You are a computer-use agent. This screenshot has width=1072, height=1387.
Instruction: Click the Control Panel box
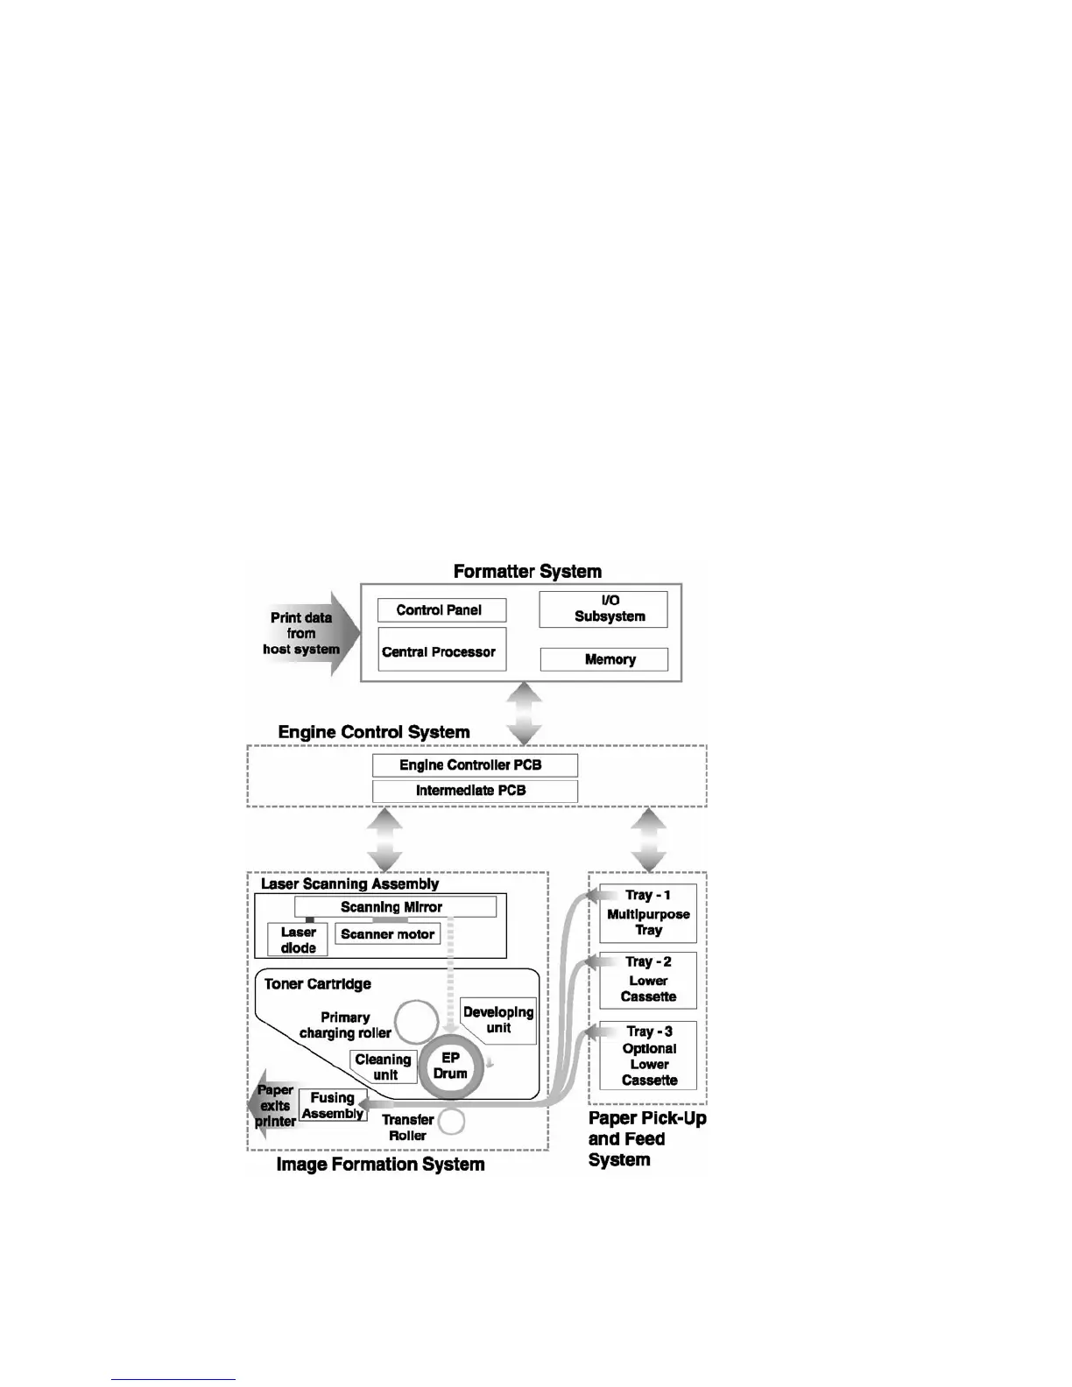click(x=441, y=610)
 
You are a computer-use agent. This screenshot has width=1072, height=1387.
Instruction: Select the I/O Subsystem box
click(x=603, y=609)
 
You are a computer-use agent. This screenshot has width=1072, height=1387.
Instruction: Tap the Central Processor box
click(x=441, y=650)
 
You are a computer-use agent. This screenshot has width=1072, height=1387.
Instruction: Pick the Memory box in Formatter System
click(x=603, y=659)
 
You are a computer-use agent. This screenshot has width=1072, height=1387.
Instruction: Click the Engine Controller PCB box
click(x=475, y=764)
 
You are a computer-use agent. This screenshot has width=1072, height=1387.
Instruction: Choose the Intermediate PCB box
click(x=475, y=791)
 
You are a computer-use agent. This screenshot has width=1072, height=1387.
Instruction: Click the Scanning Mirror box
click(x=395, y=907)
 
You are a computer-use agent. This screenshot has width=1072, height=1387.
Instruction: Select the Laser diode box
click(x=298, y=940)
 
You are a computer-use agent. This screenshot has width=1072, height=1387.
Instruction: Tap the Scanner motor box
click(x=387, y=934)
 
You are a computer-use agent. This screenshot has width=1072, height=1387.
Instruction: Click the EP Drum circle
click(x=450, y=1067)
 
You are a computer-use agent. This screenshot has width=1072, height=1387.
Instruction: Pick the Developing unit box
click(x=498, y=1020)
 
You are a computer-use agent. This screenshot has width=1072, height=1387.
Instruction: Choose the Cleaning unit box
click(x=384, y=1067)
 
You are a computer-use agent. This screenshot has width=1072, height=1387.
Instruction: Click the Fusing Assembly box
click(x=333, y=1105)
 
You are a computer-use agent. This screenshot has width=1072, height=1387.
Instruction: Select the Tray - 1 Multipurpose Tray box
click(x=648, y=913)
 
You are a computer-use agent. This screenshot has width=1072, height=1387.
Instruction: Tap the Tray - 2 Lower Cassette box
click(x=648, y=981)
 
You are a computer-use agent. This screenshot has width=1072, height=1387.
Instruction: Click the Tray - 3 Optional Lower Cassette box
click(x=648, y=1056)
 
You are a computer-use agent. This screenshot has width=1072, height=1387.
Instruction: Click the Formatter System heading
click(x=527, y=572)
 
